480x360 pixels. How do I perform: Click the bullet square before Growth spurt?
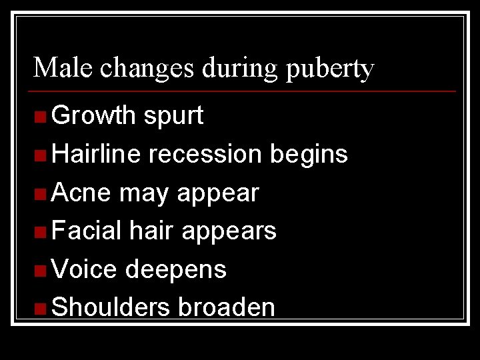(41, 117)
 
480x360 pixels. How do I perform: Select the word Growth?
(94, 116)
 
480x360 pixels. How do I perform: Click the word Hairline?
(96, 154)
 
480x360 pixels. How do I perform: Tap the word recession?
(205, 154)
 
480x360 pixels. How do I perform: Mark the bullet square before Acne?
(41, 194)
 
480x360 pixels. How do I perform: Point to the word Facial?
(86, 231)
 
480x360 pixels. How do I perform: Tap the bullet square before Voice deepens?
(41, 271)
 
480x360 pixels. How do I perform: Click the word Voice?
(84, 269)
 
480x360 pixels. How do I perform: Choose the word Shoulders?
(111, 307)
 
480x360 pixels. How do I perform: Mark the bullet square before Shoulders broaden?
(41, 309)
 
